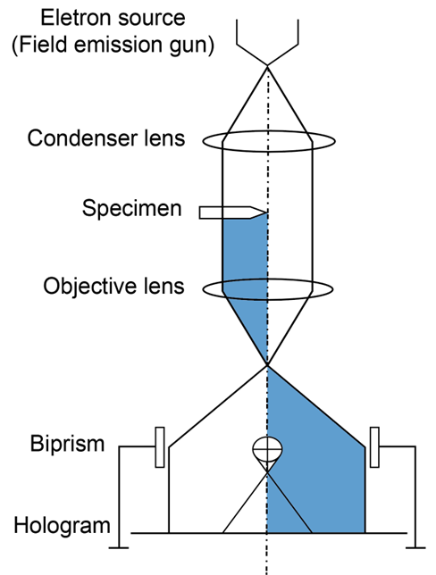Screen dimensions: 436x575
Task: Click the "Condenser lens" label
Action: [106, 138]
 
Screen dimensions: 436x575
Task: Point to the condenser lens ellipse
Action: [269, 131]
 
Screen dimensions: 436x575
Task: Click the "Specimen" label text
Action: [131, 208]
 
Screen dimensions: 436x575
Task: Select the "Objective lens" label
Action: [113, 286]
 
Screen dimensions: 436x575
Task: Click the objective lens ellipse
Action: [268, 279]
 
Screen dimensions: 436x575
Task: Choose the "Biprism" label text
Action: [67, 444]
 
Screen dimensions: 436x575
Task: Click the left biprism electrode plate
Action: [160, 447]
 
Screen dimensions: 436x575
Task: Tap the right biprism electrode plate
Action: [374, 447]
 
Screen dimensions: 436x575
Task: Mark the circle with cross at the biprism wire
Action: [267, 448]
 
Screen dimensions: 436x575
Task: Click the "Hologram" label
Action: [62, 526]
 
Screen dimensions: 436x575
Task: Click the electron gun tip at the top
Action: [267, 66]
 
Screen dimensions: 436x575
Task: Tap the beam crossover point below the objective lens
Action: [267, 365]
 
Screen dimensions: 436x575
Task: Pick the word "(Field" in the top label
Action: [41, 46]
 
